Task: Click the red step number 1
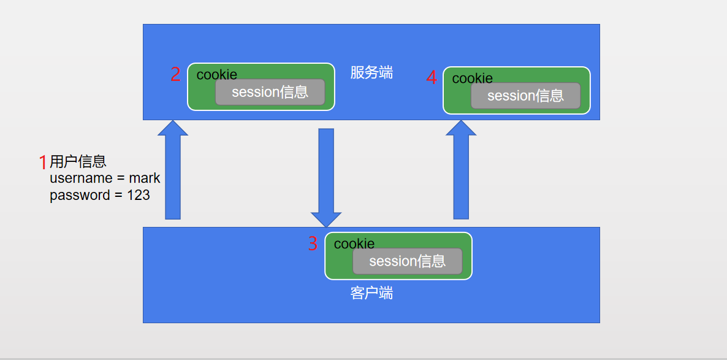point(43,163)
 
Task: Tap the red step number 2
point(175,75)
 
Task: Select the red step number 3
point(313,244)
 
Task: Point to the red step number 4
point(432,78)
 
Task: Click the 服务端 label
point(371,73)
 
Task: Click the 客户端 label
point(371,293)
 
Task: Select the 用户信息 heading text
point(78,161)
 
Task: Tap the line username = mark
point(105,178)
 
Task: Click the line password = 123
point(100,195)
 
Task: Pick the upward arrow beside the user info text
point(173,171)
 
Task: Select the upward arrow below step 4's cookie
point(461,171)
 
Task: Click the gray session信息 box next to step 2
point(270,92)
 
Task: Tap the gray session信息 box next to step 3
point(407,261)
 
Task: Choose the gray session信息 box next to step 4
point(525,96)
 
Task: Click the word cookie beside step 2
point(216,75)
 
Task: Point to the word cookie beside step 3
point(354,244)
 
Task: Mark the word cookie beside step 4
point(472,79)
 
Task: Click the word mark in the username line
point(145,178)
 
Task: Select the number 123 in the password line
point(139,195)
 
